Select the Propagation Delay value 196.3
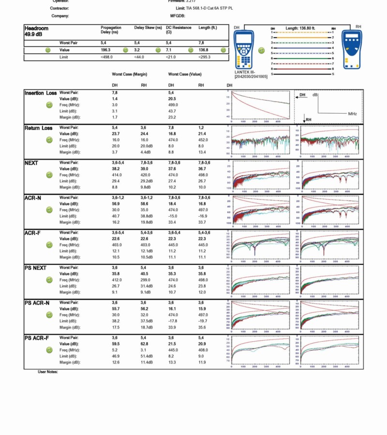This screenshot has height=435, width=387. coord(105,50)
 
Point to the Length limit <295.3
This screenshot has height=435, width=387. coord(204,57)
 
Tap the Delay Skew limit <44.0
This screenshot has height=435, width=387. coord(140,57)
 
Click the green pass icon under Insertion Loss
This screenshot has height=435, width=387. coord(49,105)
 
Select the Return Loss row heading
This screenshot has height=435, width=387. coord(39,128)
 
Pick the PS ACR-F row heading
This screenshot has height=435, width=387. coord(37,338)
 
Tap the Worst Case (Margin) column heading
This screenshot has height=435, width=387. coord(130,74)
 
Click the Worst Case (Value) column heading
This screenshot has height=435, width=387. coord(185,74)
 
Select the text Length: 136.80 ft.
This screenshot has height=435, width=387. coord(300,29)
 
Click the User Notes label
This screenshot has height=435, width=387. coord(48,372)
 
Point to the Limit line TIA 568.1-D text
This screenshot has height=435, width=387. coord(204,8)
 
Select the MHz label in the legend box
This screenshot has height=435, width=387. coord(352,114)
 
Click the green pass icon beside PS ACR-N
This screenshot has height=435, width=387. coord(49,315)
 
